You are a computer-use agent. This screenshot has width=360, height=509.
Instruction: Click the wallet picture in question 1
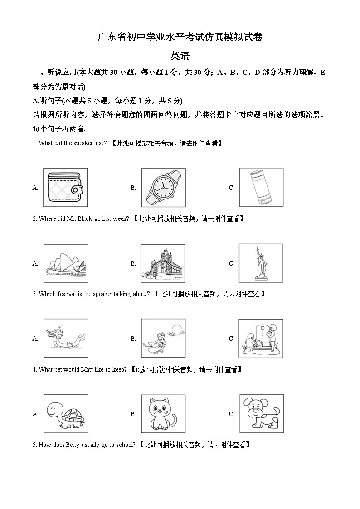(x=65, y=187)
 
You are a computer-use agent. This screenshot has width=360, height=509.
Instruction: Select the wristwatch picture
(x=163, y=187)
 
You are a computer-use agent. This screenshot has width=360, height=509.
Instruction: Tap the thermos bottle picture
(x=261, y=187)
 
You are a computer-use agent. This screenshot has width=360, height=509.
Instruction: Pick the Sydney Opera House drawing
(x=65, y=263)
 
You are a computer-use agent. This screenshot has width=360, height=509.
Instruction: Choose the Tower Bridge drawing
(x=163, y=263)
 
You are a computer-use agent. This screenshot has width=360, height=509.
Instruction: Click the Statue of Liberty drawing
(x=261, y=263)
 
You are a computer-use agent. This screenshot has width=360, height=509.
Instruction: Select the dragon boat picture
(x=66, y=338)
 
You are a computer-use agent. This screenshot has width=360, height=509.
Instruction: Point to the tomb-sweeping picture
(x=261, y=338)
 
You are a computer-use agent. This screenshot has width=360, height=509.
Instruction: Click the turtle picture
(x=66, y=413)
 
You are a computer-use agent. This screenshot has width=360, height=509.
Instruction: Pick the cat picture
(x=163, y=413)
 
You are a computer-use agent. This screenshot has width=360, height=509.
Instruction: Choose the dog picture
(x=261, y=413)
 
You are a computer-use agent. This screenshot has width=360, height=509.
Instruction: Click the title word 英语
(x=180, y=56)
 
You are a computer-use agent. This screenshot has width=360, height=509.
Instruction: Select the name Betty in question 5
(x=73, y=445)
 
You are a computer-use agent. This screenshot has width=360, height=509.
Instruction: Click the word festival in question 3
(x=67, y=294)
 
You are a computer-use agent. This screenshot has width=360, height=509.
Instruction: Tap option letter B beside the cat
(x=133, y=414)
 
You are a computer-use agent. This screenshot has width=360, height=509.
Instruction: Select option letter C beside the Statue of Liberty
(x=231, y=263)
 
